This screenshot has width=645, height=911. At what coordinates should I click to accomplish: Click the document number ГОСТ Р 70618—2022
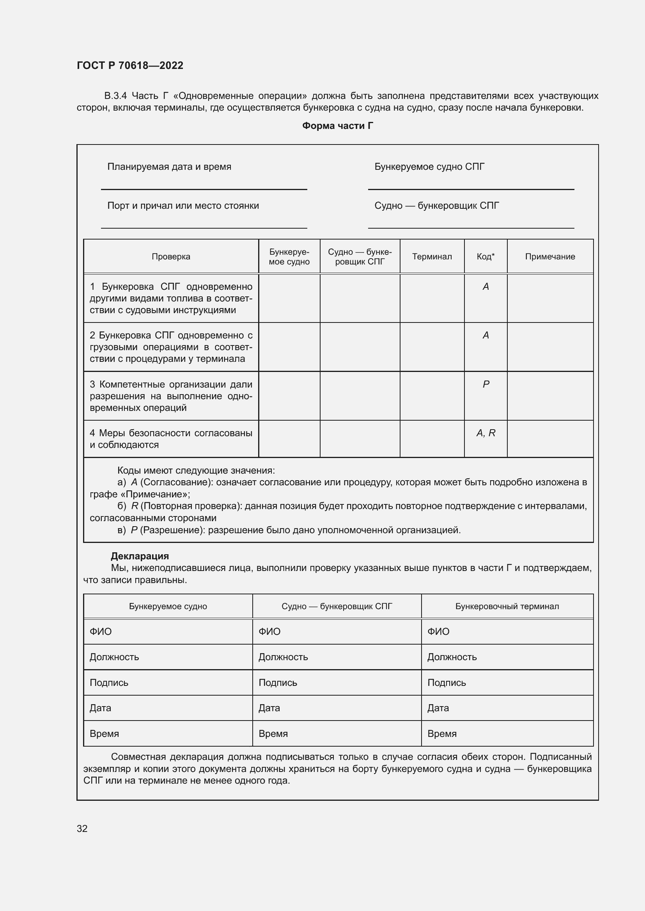point(130,65)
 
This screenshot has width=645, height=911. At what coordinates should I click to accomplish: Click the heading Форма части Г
point(337,126)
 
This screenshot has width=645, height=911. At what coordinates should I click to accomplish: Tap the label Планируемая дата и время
point(169,167)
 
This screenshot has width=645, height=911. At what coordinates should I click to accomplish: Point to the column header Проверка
point(171,256)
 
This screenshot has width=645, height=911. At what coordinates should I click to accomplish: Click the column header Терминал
point(432,256)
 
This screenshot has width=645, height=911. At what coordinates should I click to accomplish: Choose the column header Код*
point(486,256)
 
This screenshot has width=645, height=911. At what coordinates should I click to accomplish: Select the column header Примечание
point(550,256)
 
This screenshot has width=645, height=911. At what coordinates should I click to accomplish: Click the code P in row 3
point(486,384)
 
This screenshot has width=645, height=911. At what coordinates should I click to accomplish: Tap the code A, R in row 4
point(486,433)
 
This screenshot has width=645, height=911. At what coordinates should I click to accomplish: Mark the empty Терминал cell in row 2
point(432,347)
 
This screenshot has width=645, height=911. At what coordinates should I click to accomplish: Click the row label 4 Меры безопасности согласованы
point(171,439)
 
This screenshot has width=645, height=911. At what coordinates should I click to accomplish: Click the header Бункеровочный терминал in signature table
point(507,606)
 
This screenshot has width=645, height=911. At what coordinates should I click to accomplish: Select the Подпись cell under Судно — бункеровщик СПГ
point(337,682)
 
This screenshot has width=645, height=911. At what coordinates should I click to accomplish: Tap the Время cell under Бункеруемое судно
point(168,734)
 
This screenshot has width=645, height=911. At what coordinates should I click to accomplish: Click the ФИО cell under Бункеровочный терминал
point(507,631)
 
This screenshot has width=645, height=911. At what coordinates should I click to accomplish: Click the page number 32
point(82,828)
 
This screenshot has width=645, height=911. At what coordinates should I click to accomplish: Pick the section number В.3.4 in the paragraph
point(115,96)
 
